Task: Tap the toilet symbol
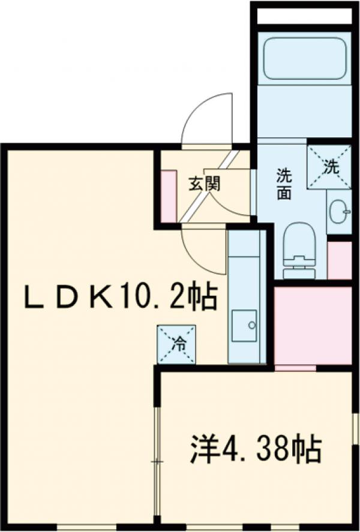tap(298, 250)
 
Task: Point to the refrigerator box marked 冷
tap(176, 344)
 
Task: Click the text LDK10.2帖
tap(120, 296)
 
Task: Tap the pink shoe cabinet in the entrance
tap(169, 196)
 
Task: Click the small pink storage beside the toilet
tap(340, 259)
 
